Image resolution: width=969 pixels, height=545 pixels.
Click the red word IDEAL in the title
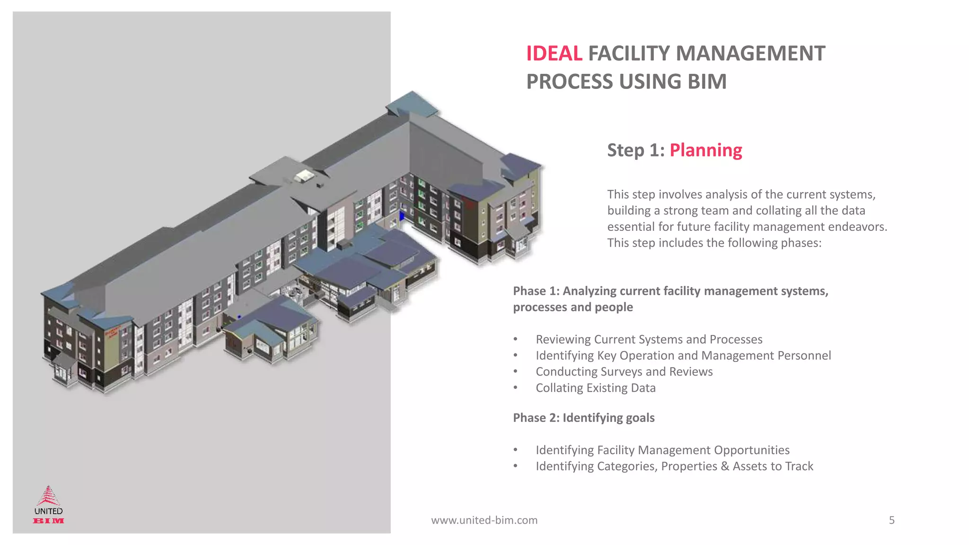[554, 53]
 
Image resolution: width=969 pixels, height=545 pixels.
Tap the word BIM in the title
[707, 82]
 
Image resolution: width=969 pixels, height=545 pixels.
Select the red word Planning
[705, 150]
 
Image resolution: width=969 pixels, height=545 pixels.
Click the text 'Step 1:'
[636, 150]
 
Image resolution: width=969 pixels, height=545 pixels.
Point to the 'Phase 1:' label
[536, 291]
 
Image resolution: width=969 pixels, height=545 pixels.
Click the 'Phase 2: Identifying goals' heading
[583, 418]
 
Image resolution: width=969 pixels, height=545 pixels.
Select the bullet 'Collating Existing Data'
[595, 388]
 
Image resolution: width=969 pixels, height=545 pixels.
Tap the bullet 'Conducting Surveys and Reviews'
[624, 372]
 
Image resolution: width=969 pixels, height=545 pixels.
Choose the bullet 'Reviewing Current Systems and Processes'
[649, 340]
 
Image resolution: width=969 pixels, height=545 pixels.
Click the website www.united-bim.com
[484, 520]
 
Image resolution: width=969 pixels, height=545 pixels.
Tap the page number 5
[891, 520]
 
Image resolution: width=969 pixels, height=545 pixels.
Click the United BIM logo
[48, 505]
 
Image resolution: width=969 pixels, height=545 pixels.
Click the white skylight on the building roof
[304, 176]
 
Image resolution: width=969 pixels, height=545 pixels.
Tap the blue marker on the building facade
[402, 216]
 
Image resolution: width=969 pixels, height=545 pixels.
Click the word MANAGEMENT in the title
[706, 53]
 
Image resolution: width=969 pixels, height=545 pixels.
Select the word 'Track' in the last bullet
[799, 466]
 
